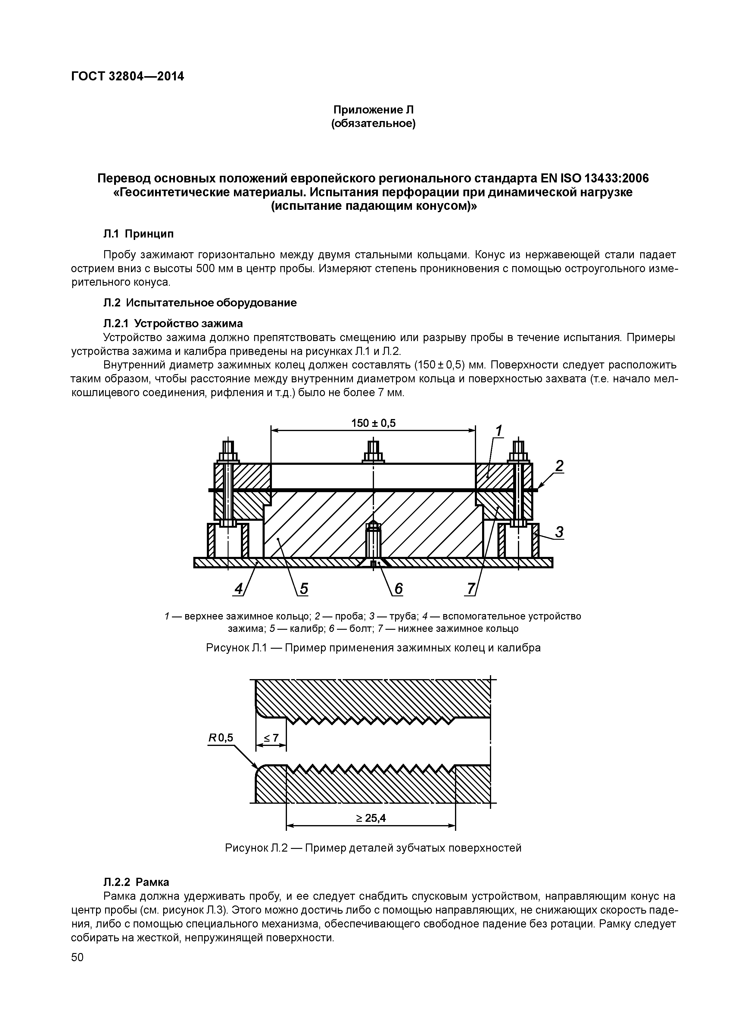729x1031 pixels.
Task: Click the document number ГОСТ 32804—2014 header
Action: click(128, 77)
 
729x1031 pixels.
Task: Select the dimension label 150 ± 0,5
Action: click(373, 423)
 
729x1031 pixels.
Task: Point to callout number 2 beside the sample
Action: click(559, 467)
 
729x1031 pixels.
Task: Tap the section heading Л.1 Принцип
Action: click(138, 234)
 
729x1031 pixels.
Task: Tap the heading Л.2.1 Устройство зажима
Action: click(173, 323)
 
